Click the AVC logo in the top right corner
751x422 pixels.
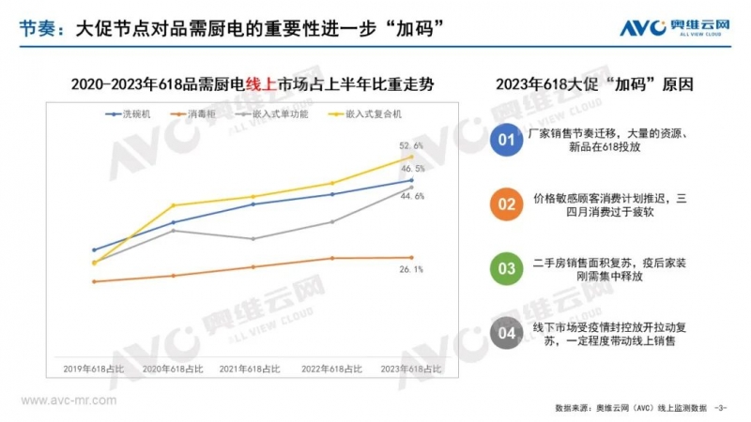(677, 28)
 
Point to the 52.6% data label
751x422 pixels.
(411, 146)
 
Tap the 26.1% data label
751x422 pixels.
(411, 270)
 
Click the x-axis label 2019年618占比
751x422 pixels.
(94, 369)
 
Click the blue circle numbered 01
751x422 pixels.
(506, 141)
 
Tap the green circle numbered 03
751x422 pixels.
(506, 269)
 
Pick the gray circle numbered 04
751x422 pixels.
(506, 333)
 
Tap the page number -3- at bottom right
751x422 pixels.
(721, 408)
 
